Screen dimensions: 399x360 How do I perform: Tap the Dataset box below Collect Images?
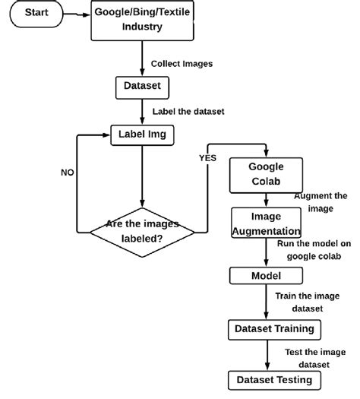pyautogui.click(x=141, y=87)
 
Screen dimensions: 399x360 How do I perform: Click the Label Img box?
pyautogui.click(x=141, y=134)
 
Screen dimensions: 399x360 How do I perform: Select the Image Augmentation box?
pyautogui.click(x=266, y=223)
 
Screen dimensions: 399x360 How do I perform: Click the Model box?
pyautogui.click(x=266, y=275)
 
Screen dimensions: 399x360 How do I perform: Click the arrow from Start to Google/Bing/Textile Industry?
pyautogui.click(x=75, y=13)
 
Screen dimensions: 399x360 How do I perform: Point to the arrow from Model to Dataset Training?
pyautogui.click(x=266, y=302)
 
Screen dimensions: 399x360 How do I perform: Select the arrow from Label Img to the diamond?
pyautogui.click(x=141, y=175)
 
